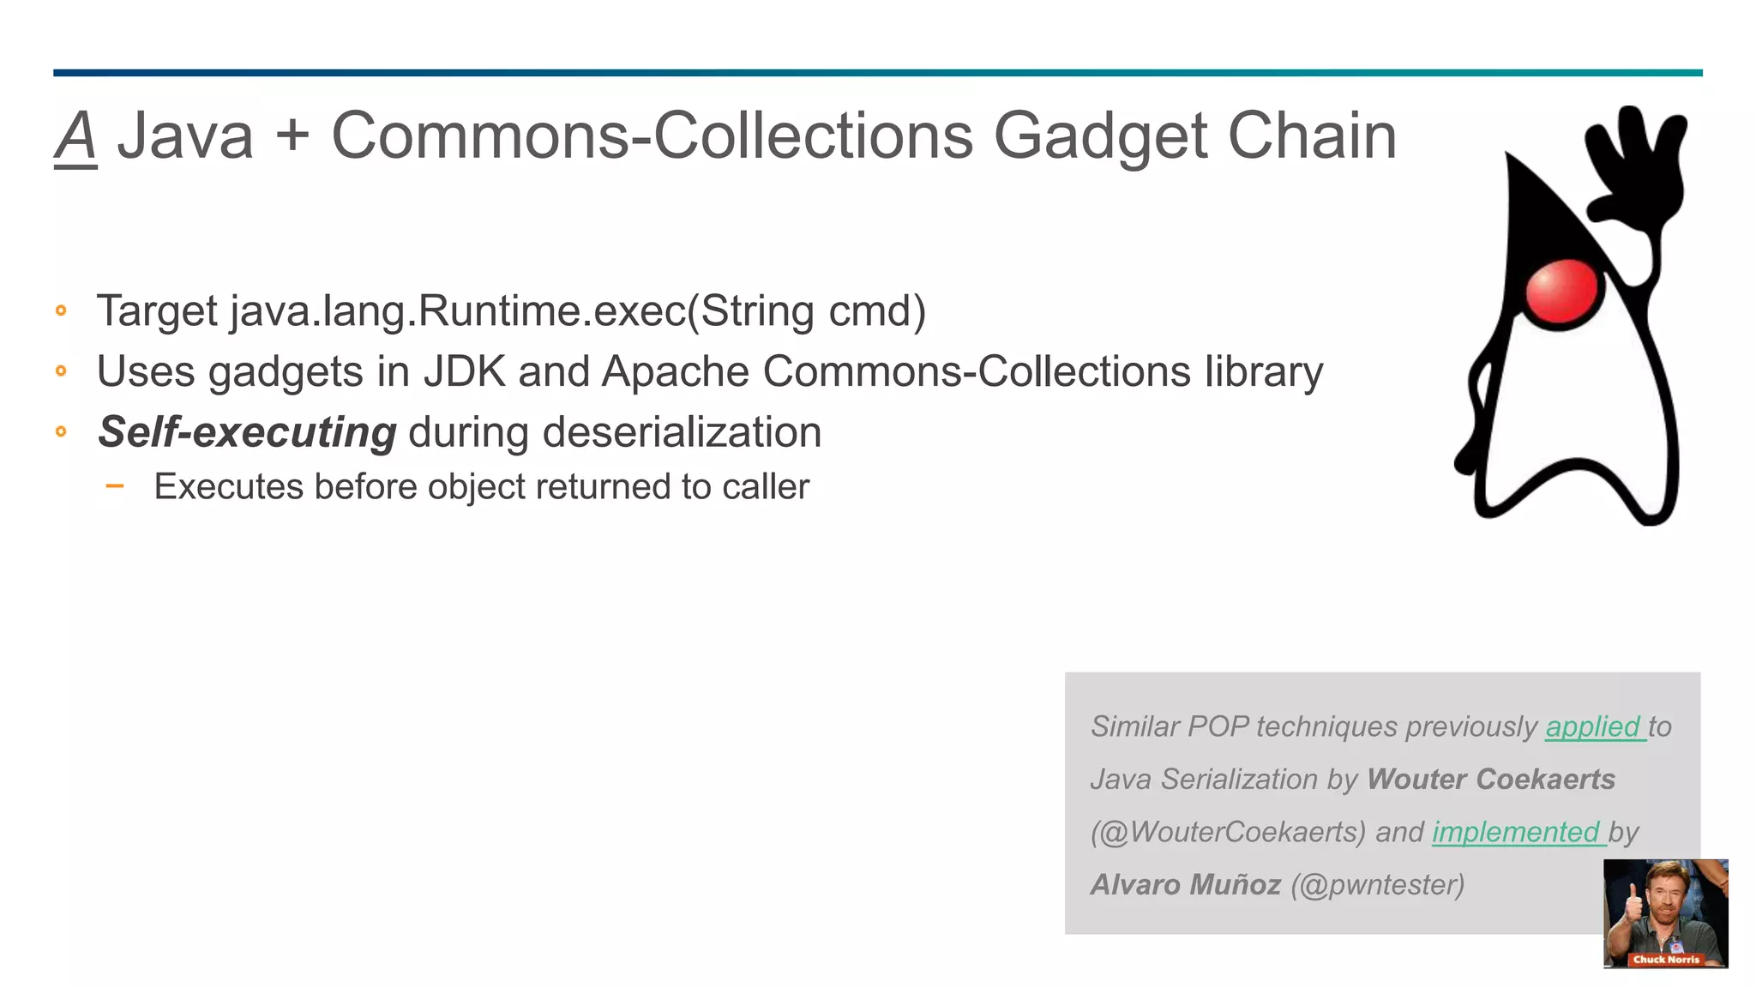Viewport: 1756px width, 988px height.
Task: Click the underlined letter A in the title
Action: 75,137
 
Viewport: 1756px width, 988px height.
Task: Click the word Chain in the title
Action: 1312,137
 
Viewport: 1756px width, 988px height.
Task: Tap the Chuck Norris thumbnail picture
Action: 1665,913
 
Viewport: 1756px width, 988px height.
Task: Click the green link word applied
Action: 1593,726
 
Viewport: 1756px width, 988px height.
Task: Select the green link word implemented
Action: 1516,832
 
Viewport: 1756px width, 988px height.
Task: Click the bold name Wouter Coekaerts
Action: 1490,779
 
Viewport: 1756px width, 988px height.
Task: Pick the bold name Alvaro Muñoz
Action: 1186,884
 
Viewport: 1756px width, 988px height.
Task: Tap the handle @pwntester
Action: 1378,884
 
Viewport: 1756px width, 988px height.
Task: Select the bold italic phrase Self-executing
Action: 247,431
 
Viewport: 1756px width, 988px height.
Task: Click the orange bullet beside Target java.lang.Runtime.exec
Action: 61,310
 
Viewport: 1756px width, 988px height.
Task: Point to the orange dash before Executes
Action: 115,486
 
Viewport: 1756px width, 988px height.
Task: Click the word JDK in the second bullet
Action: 464,371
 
